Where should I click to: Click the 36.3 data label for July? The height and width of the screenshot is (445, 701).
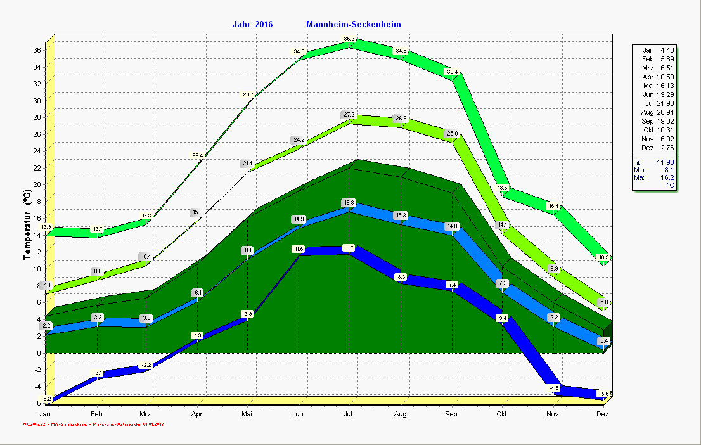[x=349, y=39]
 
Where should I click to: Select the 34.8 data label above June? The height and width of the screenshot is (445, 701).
[x=299, y=51]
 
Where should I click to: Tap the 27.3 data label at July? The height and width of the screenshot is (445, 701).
[x=349, y=115]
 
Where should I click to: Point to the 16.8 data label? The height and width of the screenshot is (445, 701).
[x=349, y=203]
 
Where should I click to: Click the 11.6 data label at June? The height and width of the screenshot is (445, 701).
[x=299, y=249]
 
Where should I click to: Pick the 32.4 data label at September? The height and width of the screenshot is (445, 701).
[x=452, y=72]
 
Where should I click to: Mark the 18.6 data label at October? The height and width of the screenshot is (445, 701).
[x=503, y=188]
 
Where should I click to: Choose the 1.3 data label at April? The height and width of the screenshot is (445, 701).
[x=197, y=335]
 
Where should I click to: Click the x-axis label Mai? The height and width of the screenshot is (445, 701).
[x=247, y=415]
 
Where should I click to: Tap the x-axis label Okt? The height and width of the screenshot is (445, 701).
[x=502, y=415]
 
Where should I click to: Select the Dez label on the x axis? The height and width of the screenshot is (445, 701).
[x=603, y=415]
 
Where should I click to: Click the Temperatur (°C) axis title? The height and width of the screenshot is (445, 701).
[x=27, y=226]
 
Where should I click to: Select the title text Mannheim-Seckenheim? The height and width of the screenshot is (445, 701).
[x=353, y=25]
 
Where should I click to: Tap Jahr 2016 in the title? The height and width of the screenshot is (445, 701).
[x=252, y=25]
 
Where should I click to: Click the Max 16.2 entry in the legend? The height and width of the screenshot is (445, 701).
[x=654, y=178]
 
